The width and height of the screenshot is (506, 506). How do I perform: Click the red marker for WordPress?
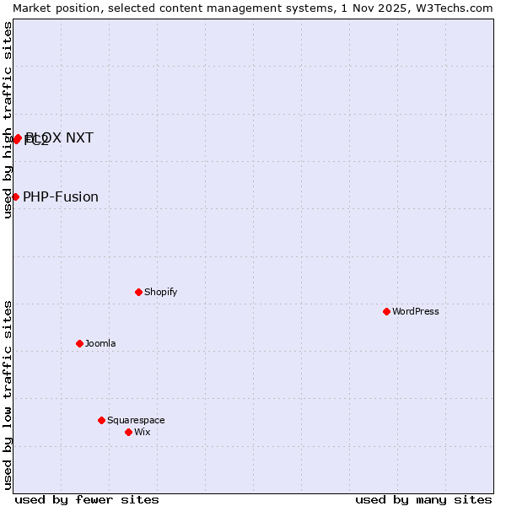click(x=386, y=311)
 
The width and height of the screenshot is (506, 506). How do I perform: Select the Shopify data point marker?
click(x=138, y=292)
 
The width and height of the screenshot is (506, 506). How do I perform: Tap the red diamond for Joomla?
click(x=79, y=343)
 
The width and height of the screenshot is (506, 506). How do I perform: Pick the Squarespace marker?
click(x=101, y=420)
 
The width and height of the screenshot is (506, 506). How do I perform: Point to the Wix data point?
click(x=128, y=432)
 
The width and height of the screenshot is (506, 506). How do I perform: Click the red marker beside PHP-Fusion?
click(x=15, y=196)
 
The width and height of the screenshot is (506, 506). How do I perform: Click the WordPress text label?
click(x=416, y=311)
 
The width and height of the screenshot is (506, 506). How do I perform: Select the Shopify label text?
click(x=160, y=292)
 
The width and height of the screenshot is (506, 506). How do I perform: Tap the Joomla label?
click(x=100, y=343)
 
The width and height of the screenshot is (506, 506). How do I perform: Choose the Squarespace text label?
click(x=136, y=420)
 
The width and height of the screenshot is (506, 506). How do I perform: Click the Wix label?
click(x=143, y=432)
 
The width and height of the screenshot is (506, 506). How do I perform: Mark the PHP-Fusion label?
click(x=61, y=197)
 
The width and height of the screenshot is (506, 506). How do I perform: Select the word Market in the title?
click(x=33, y=8)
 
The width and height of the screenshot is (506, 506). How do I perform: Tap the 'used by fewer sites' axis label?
click(x=87, y=499)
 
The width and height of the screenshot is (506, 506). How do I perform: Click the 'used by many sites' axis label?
click(x=423, y=499)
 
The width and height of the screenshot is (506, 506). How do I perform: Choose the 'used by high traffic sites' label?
click(x=8, y=120)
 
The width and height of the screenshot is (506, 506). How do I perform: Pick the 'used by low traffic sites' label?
click(x=8, y=395)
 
